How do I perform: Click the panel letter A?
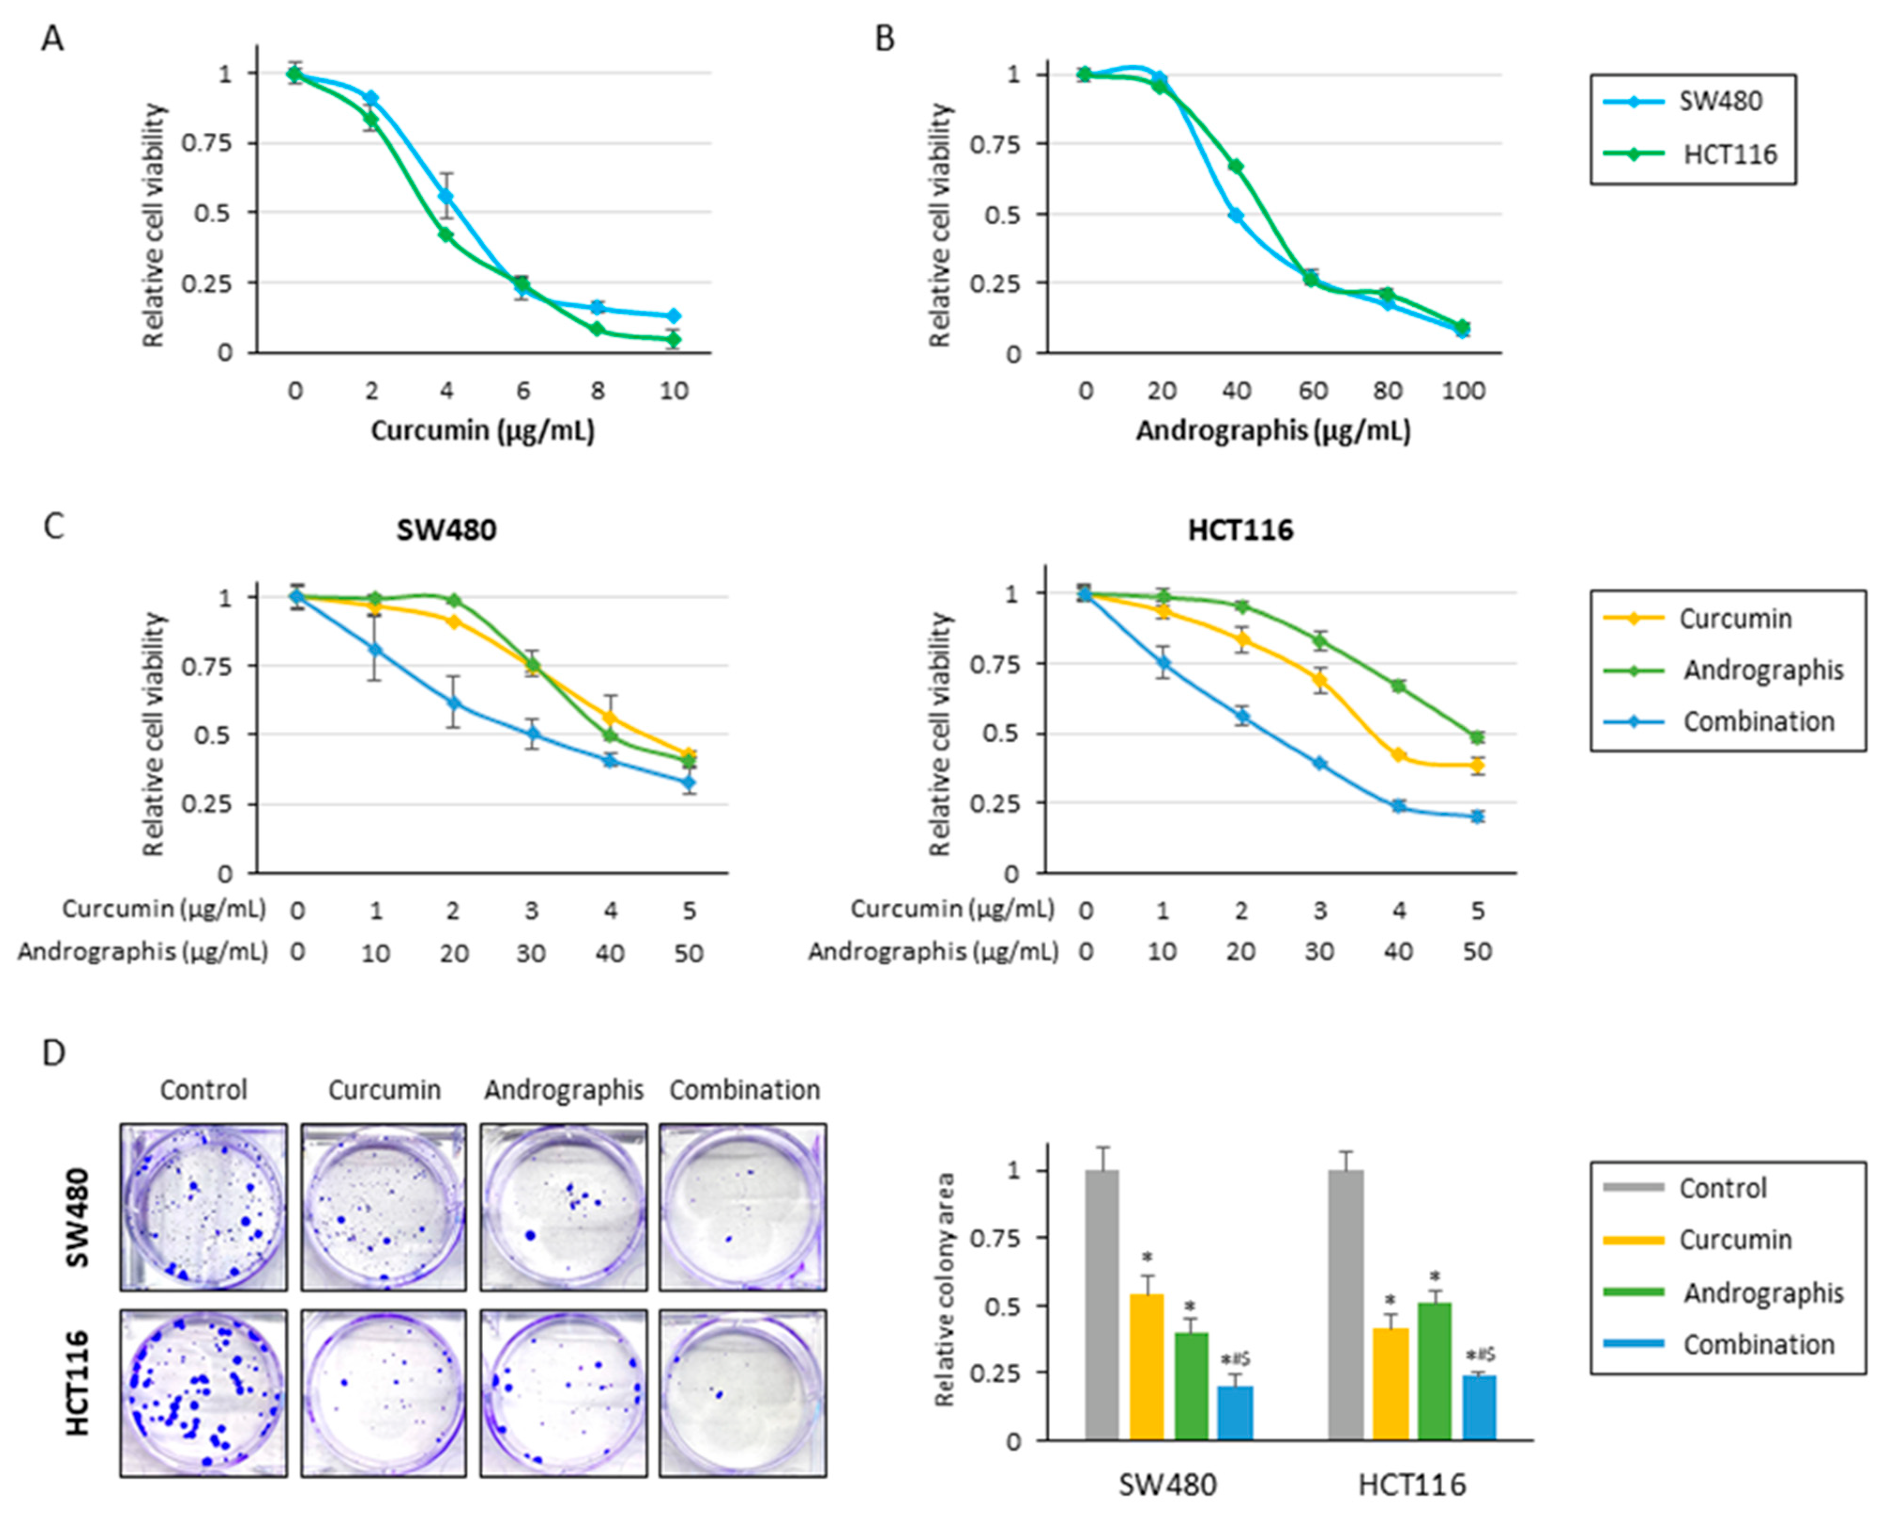[x=53, y=39]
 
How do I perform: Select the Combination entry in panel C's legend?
[x=1758, y=721]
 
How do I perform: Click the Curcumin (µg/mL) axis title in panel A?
[x=482, y=431]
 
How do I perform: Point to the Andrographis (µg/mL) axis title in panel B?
[x=1272, y=431]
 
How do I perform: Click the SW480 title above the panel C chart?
[x=446, y=530]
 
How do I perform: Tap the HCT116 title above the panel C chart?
[x=1240, y=530]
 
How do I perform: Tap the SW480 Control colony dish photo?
[x=203, y=1207]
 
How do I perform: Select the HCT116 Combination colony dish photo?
[x=742, y=1393]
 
